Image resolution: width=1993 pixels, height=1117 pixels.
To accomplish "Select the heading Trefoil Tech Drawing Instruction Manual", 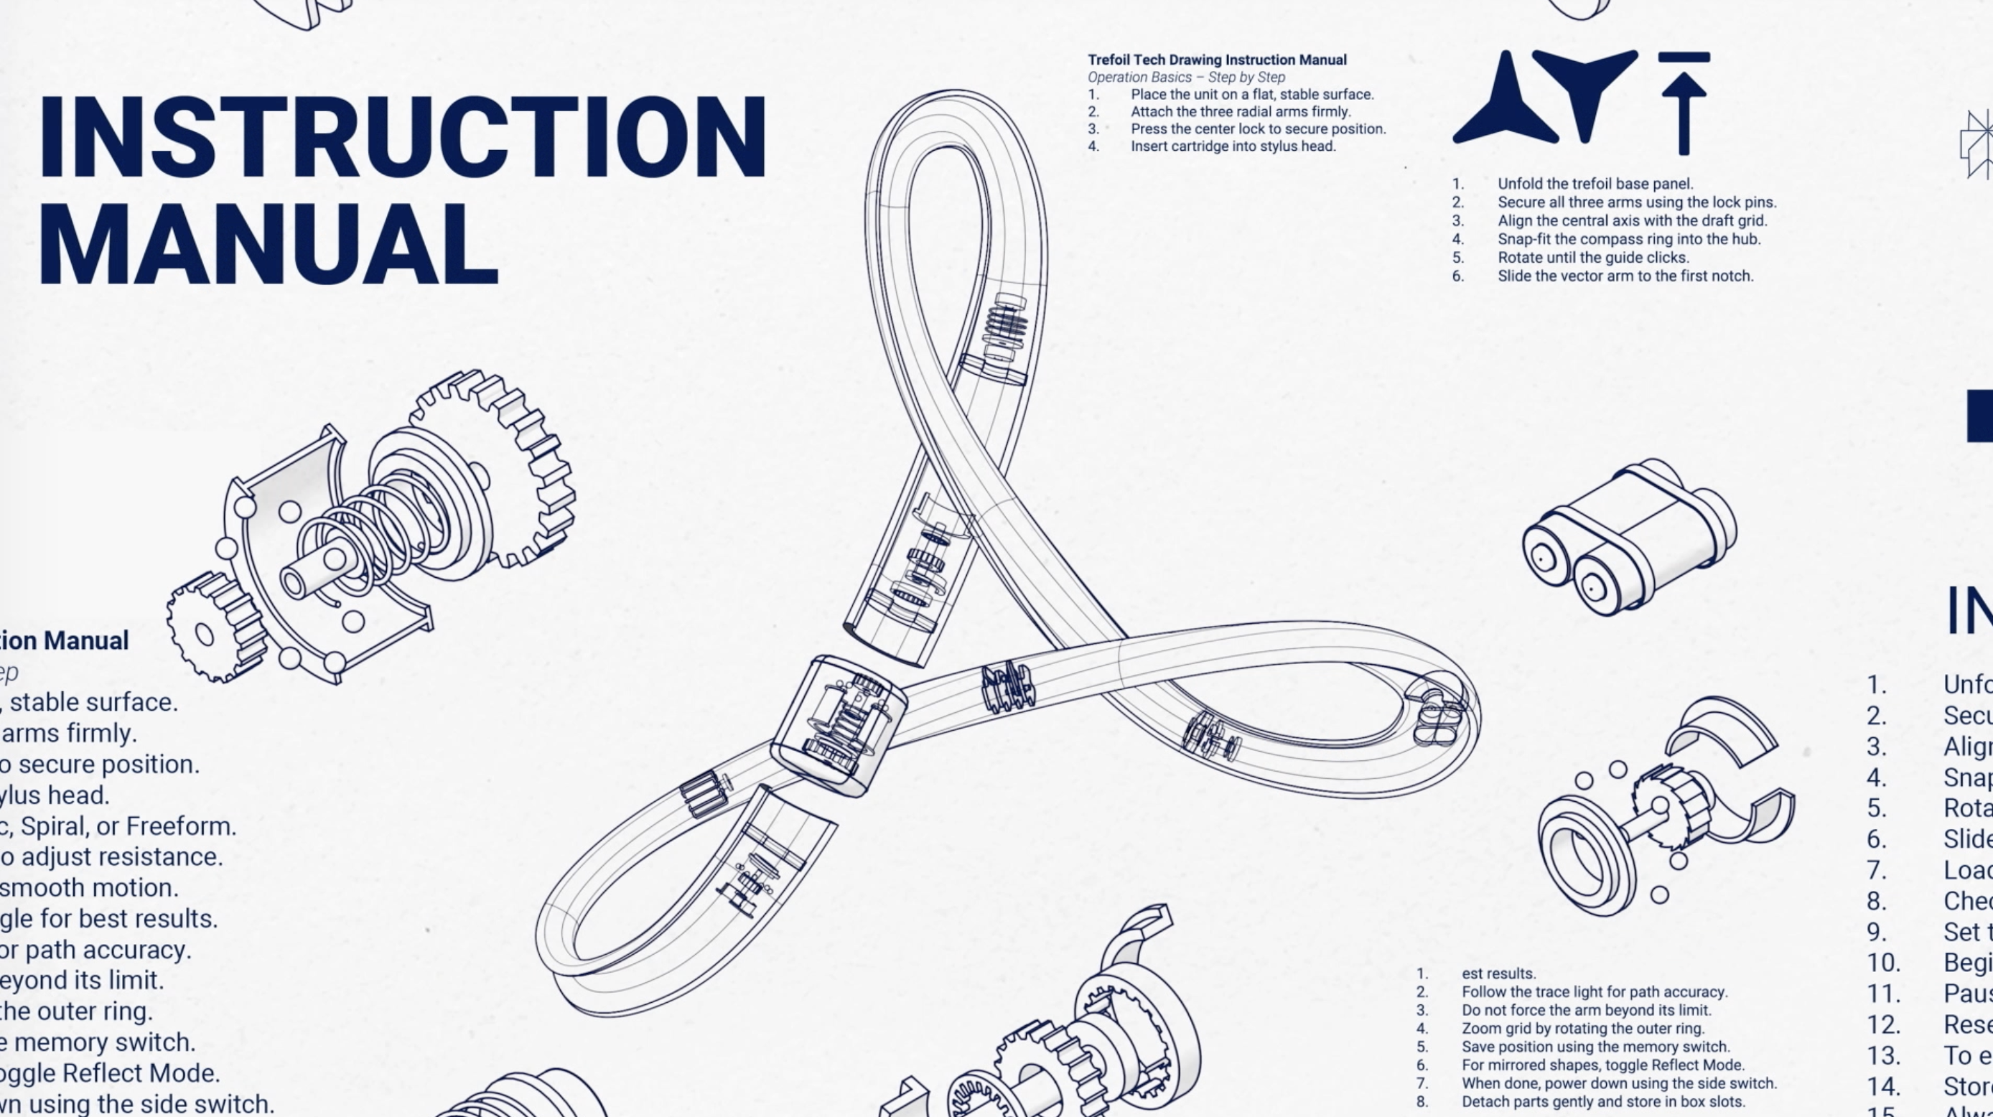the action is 1217,60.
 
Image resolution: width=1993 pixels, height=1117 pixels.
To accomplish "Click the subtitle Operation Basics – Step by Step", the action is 1186,78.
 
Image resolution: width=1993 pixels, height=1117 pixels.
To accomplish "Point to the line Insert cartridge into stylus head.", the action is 1233,146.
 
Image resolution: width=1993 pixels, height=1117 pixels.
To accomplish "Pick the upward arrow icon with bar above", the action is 1684,102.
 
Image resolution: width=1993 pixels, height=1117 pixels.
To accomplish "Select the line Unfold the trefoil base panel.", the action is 1595,184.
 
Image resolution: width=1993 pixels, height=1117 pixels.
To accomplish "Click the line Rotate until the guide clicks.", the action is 1592,258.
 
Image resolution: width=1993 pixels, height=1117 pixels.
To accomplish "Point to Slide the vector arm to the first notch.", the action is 1625,276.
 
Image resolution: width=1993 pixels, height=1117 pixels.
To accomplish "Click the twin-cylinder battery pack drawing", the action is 1628,538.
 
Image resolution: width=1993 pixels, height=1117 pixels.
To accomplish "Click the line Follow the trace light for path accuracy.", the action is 1594,991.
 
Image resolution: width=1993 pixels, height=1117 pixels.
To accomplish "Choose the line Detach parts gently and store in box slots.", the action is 1603,1101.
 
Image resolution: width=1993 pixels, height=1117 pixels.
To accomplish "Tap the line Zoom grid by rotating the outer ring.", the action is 1582,1029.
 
